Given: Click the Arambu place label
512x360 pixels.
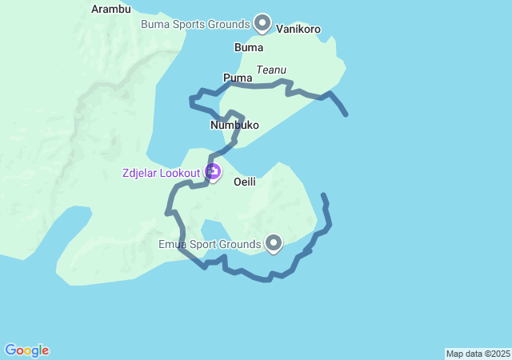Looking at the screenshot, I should (x=111, y=10).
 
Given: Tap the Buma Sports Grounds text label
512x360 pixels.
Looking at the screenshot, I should (x=195, y=24).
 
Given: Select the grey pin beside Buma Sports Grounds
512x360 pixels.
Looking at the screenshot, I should (x=262, y=22).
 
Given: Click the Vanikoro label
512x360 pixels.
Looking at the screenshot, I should (x=298, y=30).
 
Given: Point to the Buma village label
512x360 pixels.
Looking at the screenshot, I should (x=248, y=48).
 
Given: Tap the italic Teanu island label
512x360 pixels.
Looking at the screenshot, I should (x=272, y=70).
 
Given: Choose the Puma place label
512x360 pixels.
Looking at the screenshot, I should (x=238, y=78).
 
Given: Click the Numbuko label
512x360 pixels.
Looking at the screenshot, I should (x=234, y=126).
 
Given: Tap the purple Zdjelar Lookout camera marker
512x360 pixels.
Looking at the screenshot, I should (x=213, y=171).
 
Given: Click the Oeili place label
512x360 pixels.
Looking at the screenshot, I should (x=245, y=182).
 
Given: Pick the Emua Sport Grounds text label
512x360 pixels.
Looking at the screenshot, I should (x=210, y=244).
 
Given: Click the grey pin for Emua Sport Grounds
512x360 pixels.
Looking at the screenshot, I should (x=274, y=242).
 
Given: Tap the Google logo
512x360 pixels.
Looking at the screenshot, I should (x=27, y=350).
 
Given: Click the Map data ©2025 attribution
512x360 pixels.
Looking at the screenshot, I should (x=478, y=354).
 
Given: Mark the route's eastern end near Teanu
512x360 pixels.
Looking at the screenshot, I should (x=346, y=114).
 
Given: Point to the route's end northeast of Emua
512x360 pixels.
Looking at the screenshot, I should (x=323, y=195).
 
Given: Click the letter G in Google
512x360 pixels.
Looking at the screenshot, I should (x=10, y=350).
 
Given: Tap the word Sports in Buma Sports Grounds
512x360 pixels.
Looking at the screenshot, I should (x=188, y=24).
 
